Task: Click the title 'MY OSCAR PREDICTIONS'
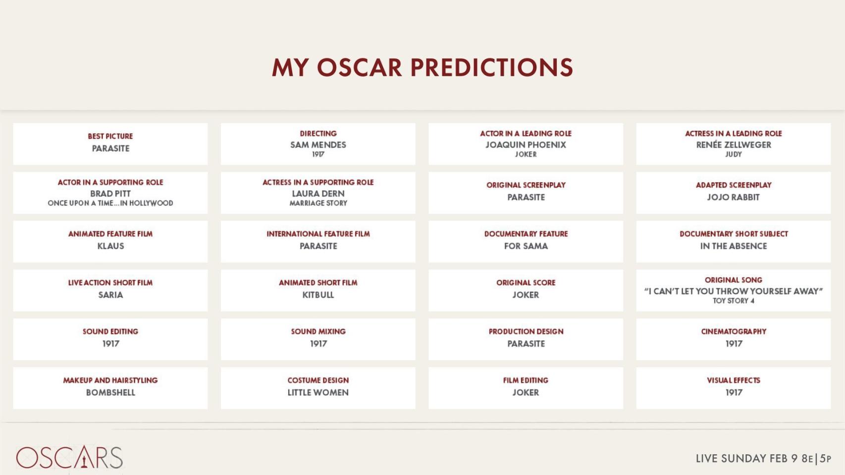tap(422, 67)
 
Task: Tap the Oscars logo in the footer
tap(69, 457)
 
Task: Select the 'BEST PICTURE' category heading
tap(110, 136)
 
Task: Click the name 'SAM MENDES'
tap(318, 145)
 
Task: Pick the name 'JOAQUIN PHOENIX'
tap(526, 145)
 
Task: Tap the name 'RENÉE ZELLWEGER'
tap(734, 145)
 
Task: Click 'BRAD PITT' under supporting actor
tap(110, 193)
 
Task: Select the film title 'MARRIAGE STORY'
tap(318, 203)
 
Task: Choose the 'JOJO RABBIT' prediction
tap(734, 197)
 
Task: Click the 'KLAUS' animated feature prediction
tap(110, 246)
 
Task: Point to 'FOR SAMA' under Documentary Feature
tap(526, 246)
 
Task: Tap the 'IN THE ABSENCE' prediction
tap(734, 246)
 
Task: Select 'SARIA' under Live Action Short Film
tap(110, 295)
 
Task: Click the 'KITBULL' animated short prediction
tap(318, 295)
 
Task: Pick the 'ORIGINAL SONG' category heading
tap(734, 280)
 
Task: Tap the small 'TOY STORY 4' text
tap(734, 301)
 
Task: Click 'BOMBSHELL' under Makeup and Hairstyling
tap(110, 392)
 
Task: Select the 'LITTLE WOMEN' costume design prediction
tap(318, 392)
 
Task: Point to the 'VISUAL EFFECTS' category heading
tap(734, 380)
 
